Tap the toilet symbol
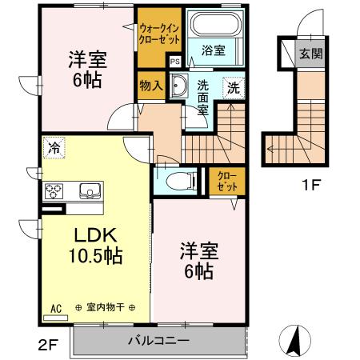[x=174, y=180]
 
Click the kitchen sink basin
[x=88, y=190]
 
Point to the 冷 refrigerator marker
[x=54, y=147]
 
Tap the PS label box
[x=174, y=58]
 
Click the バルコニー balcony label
[x=158, y=342]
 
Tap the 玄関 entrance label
[x=310, y=54]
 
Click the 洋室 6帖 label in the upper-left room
[x=86, y=69]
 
